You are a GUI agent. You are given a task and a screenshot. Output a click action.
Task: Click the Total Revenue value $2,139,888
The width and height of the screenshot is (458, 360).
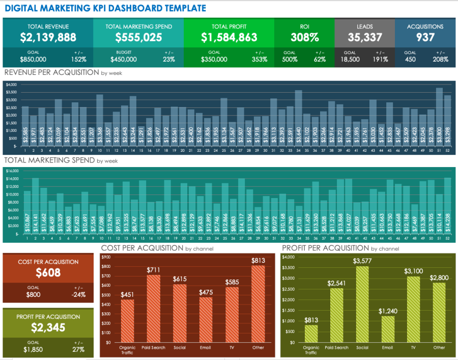[48, 37]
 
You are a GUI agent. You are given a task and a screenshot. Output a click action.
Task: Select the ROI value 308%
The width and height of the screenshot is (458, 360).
[304, 37]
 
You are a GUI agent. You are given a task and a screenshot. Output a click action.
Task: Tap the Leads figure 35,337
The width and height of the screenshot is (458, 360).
[364, 37]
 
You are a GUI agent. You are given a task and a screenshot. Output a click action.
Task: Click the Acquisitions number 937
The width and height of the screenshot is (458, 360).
[425, 37]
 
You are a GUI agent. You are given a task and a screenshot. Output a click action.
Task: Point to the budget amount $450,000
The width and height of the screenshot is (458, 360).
[123, 59]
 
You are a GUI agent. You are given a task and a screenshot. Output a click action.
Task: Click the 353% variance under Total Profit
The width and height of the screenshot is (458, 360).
[259, 59]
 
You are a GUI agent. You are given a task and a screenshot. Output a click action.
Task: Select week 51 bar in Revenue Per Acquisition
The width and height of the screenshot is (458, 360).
[439, 117]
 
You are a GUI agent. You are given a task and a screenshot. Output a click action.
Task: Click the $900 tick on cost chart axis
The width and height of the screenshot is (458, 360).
[106, 257]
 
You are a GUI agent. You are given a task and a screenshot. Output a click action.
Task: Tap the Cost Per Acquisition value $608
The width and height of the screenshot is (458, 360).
[48, 272]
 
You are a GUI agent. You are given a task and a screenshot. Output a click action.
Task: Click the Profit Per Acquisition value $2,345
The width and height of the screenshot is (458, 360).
[48, 327]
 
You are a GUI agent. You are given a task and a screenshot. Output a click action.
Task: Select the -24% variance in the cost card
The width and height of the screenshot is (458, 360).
[78, 294]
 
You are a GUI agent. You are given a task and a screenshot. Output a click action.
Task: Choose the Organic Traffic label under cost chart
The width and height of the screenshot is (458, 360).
[127, 350]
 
